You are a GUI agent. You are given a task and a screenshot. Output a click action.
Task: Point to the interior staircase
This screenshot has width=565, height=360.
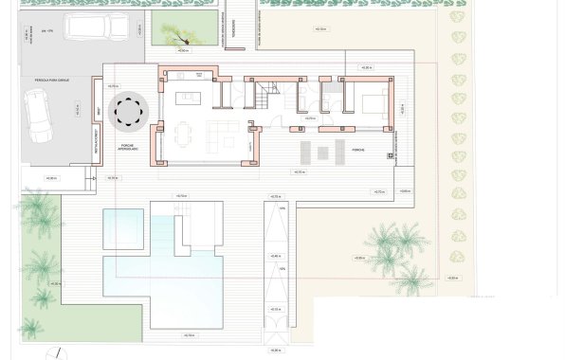pos(264,97)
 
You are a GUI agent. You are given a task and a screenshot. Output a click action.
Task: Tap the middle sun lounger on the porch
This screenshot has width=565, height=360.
pos(319,152)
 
